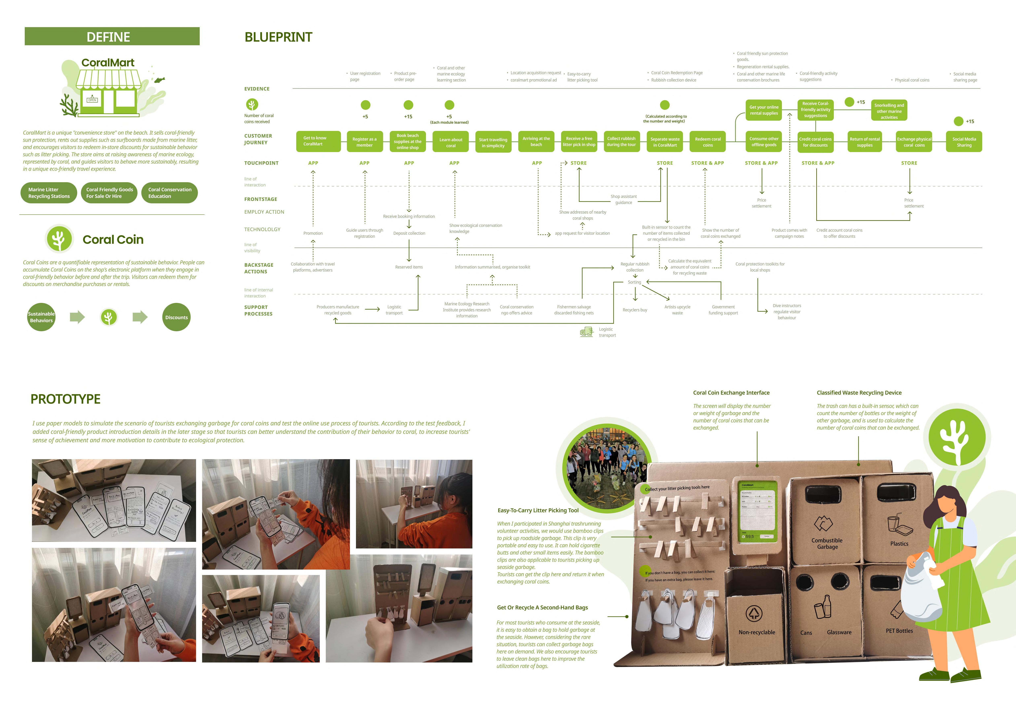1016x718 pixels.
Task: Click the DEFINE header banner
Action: [112, 36]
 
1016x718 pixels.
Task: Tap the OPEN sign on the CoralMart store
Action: [92, 100]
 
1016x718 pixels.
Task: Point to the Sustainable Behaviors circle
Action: [41, 317]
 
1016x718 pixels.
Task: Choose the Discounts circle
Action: [176, 317]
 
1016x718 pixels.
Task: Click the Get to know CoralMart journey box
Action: [318, 141]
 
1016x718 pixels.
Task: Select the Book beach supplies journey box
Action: [408, 142]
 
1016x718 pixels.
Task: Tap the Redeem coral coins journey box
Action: [707, 142]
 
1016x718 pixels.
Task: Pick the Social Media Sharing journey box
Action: [964, 142]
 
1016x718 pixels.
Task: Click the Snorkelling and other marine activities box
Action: [889, 111]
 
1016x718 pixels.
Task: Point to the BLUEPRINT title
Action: [278, 37]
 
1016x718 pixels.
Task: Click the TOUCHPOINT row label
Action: [261, 163]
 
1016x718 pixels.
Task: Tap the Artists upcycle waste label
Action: [677, 310]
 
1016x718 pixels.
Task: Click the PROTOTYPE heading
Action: [66, 399]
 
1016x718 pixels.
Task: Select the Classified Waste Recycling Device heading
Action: [859, 393]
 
